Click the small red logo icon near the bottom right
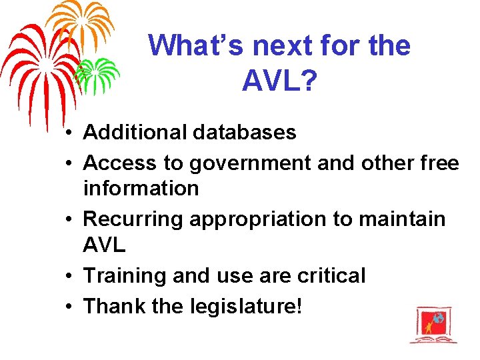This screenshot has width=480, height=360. pos(433,325)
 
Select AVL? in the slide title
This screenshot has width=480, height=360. pos(279,81)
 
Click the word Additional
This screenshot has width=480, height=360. pos(134,133)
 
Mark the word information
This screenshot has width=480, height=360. pos(141,189)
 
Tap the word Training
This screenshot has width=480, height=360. pos(125,275)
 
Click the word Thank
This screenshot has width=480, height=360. pos(113,306)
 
